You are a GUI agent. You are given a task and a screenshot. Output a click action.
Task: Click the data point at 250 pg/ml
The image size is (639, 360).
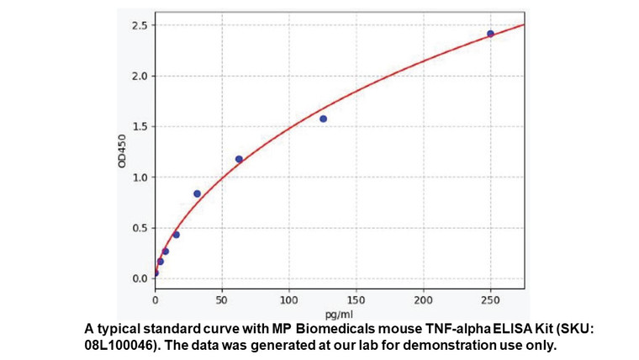pos(490,34)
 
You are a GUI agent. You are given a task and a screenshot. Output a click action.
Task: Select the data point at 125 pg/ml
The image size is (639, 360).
pos(323,119)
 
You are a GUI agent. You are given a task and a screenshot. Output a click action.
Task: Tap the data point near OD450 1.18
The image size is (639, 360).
pos(239,159)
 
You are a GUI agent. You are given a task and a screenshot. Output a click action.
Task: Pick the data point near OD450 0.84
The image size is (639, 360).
pos(197,193)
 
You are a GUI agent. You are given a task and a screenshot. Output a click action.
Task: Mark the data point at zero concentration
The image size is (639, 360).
pos(155,273)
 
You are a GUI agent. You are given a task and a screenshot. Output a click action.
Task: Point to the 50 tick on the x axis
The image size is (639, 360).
pos(222,299)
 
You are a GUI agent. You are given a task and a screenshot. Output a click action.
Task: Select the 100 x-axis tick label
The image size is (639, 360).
pos(289,299)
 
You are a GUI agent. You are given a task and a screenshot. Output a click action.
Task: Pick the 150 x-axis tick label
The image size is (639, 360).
pos(356,299)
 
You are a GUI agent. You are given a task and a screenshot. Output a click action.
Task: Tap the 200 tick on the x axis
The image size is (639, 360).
pos(424,299)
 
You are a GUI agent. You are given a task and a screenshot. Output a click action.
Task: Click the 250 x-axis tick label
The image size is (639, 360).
pos(491,299)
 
